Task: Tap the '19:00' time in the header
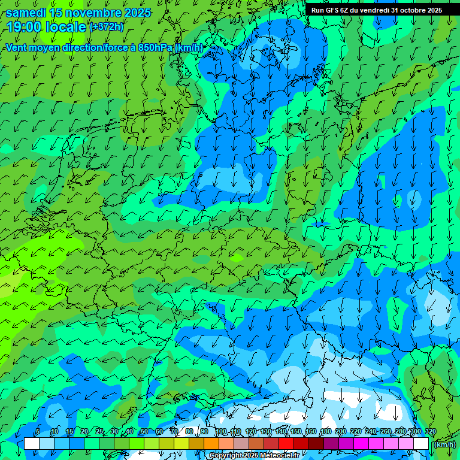pos(23,27)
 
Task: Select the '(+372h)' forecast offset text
pos(107,27)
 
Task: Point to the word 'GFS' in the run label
pos(332,10)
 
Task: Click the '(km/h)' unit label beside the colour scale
pos(444,444)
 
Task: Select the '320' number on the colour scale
pos(429,432)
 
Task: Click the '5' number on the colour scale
pos(38,432)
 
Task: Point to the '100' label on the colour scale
pos(220,432)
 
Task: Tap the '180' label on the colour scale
pos(325,432)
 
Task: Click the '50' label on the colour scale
pos(144,432)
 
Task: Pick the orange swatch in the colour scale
pos(211,444)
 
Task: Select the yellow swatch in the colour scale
pos(181,444)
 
